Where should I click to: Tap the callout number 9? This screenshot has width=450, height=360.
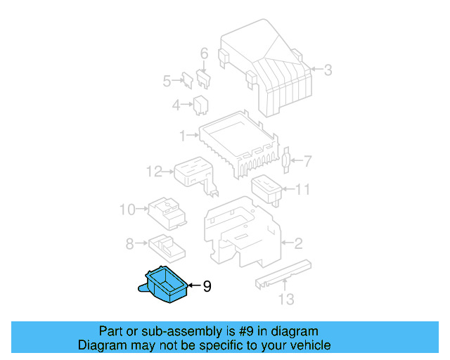(207, 286)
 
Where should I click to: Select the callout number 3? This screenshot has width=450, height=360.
(328, 69)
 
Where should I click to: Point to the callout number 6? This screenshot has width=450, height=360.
(205, 53)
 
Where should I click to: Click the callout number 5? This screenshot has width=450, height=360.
(167, 81)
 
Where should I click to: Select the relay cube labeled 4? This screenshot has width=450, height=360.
(200, 105)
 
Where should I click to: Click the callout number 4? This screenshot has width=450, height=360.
(176, 105)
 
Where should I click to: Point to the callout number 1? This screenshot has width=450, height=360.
(182, 134)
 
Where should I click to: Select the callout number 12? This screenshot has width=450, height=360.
(154, 171)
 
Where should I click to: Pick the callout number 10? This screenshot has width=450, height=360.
(127, 209)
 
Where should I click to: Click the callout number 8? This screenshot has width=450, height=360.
(129, 244)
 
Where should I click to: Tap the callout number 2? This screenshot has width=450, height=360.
(298, 244)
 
